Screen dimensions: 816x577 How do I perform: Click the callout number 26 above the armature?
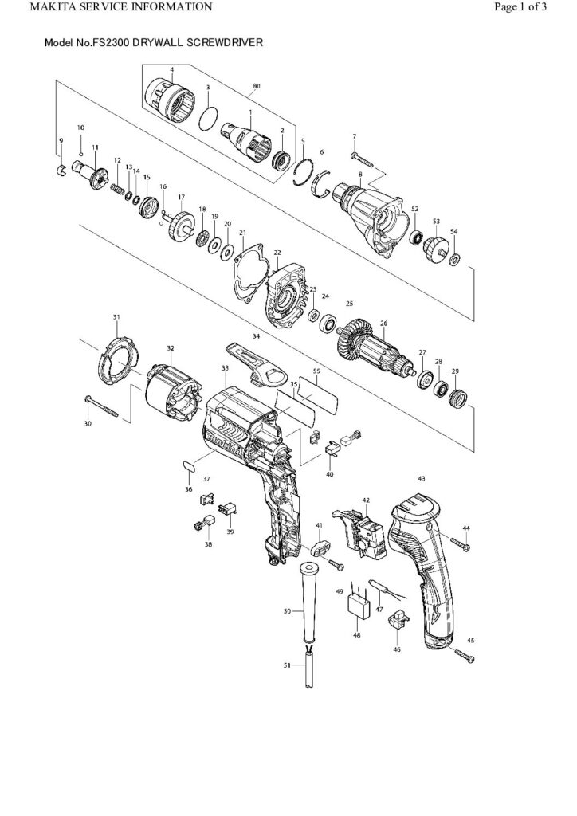383,324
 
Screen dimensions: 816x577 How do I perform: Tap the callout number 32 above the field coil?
171,348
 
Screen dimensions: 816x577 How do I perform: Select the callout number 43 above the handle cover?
422,478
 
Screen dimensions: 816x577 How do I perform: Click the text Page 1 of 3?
520,8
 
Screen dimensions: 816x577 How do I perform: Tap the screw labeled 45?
464,657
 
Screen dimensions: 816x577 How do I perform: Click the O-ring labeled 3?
208,118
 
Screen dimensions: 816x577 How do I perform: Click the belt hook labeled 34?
255,360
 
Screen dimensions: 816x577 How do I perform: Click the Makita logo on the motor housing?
217,439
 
